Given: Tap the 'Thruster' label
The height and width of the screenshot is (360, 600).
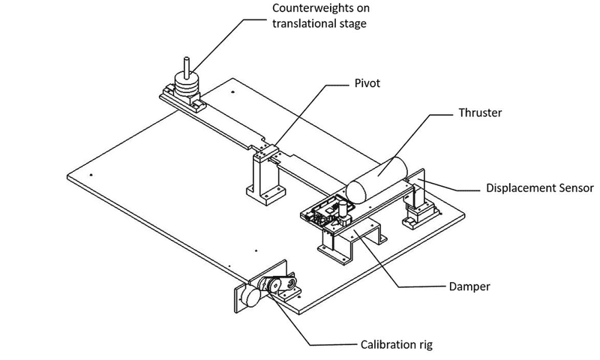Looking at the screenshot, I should point(479,113).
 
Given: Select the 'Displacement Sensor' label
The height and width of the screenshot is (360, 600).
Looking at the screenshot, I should point(539,187).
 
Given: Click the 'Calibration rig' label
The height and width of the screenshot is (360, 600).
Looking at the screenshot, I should point(394,346).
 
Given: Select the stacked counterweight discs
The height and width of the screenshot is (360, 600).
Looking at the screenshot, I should point(187,84).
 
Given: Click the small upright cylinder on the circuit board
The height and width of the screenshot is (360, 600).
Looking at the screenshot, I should point(341,210).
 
